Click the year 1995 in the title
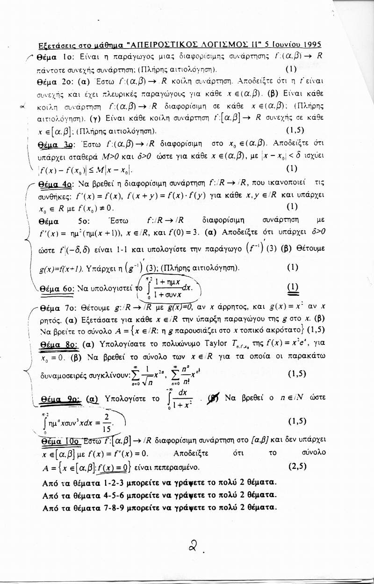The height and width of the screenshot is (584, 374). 311,45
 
